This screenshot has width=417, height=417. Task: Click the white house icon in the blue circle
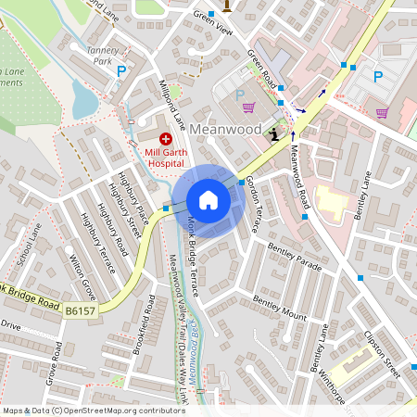click(208, 199)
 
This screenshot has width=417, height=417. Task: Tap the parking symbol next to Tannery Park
click(120, 70)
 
